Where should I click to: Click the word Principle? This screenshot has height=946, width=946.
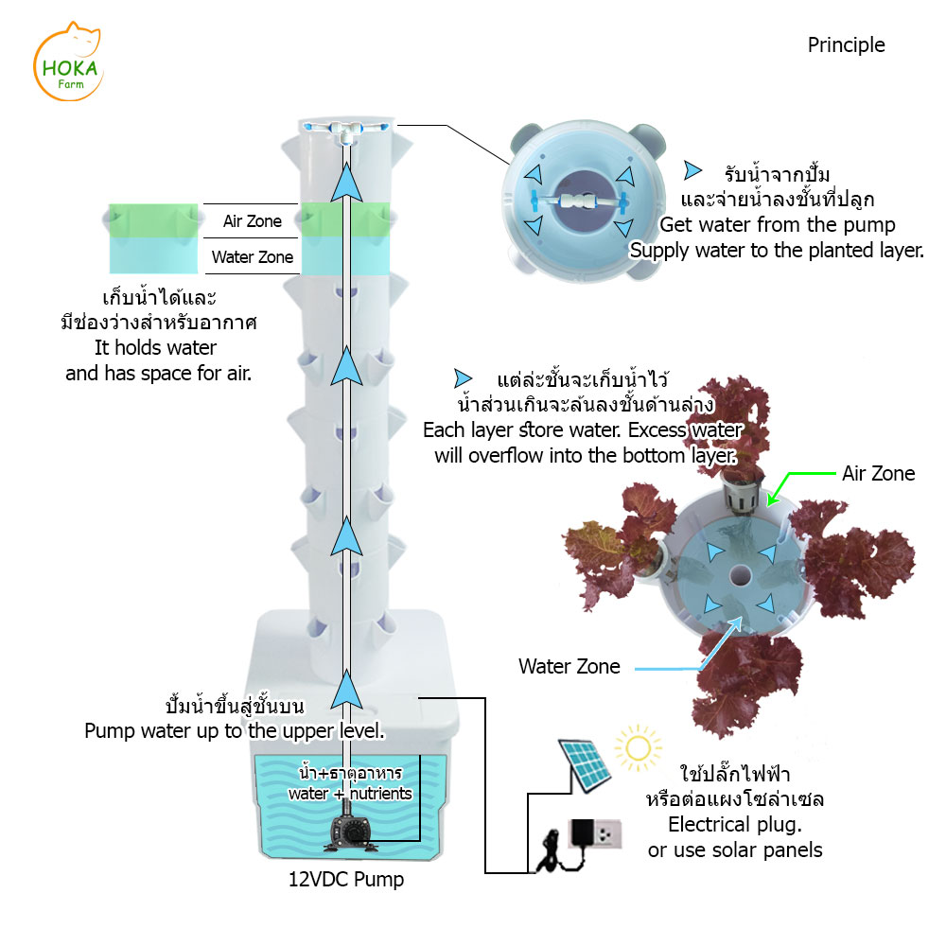846,44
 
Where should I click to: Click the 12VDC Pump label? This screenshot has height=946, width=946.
345,880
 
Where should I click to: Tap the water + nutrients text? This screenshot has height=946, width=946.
350,794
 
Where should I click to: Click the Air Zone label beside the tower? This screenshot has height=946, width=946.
253,221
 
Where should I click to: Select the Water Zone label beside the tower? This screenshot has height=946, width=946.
253,256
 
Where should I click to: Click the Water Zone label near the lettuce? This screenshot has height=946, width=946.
569,666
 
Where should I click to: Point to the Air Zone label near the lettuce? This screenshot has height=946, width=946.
878,473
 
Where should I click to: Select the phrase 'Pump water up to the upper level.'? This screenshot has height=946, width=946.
234,730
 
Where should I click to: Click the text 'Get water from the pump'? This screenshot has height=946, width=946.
777,225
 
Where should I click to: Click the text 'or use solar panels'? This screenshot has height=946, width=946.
734,850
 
